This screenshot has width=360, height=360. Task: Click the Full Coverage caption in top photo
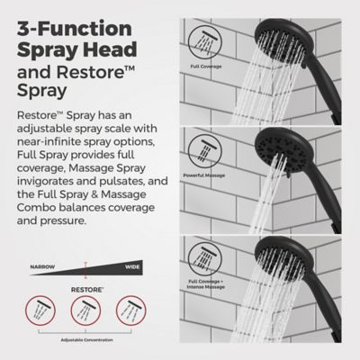pos(205,66)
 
